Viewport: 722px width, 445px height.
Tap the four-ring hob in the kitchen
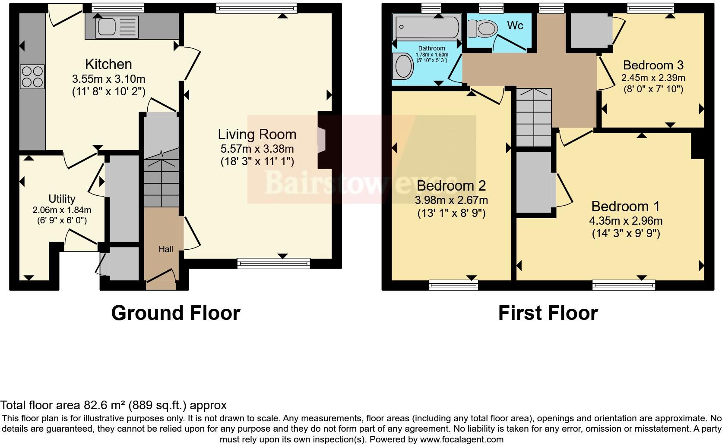tap(32, 77)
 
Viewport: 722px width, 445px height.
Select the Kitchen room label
tap(108, 64)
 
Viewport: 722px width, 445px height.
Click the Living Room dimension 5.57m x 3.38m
tap(257, 149)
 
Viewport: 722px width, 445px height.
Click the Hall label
tap(166, 249)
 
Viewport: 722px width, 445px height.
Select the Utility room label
tap(62, 199)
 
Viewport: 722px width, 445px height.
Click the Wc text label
tap(515, 25)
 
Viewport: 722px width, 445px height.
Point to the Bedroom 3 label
tap(653, 65)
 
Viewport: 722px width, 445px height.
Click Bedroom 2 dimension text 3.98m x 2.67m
tap(451, 200)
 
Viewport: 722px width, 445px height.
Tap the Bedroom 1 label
tap(625, 207)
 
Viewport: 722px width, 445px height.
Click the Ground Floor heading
tap(175, 313)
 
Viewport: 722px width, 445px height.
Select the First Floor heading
tap(548, 313)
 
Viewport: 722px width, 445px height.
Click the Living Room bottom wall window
tap(273, 263)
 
